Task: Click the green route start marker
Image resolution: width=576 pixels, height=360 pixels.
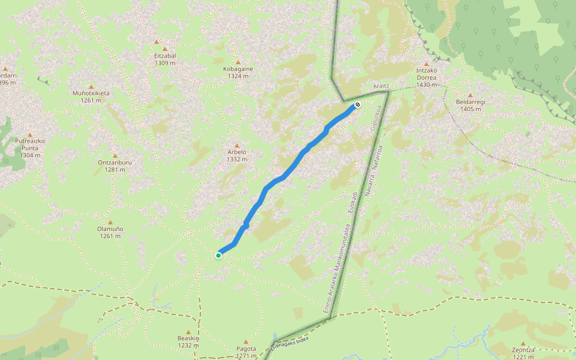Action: [x=218, y=256]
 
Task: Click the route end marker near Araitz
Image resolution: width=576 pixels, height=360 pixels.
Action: [x=358, y=104]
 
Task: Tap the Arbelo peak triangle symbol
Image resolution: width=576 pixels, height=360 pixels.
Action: [x=237, y=146]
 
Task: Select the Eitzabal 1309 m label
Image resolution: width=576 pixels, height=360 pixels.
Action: [x=165, y=59]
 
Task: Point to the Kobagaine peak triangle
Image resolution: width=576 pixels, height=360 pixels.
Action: [x=238, y=62]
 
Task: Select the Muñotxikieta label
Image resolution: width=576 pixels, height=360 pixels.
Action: [x=91, y=97]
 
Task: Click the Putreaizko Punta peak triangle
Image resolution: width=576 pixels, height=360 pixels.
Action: [x=30, y=134]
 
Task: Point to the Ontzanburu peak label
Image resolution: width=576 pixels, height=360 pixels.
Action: [x=115, y=166]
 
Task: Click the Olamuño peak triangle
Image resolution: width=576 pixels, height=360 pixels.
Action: [x=110, y=222]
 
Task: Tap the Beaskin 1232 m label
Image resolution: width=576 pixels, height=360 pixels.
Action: [x=188, y=341]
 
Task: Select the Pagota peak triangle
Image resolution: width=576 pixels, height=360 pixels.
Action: [x=246, y=342]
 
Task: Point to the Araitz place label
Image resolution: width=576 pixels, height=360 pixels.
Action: [x=382, y=86]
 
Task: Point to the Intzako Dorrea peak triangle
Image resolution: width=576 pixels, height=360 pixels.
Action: [x=427, y=64]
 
